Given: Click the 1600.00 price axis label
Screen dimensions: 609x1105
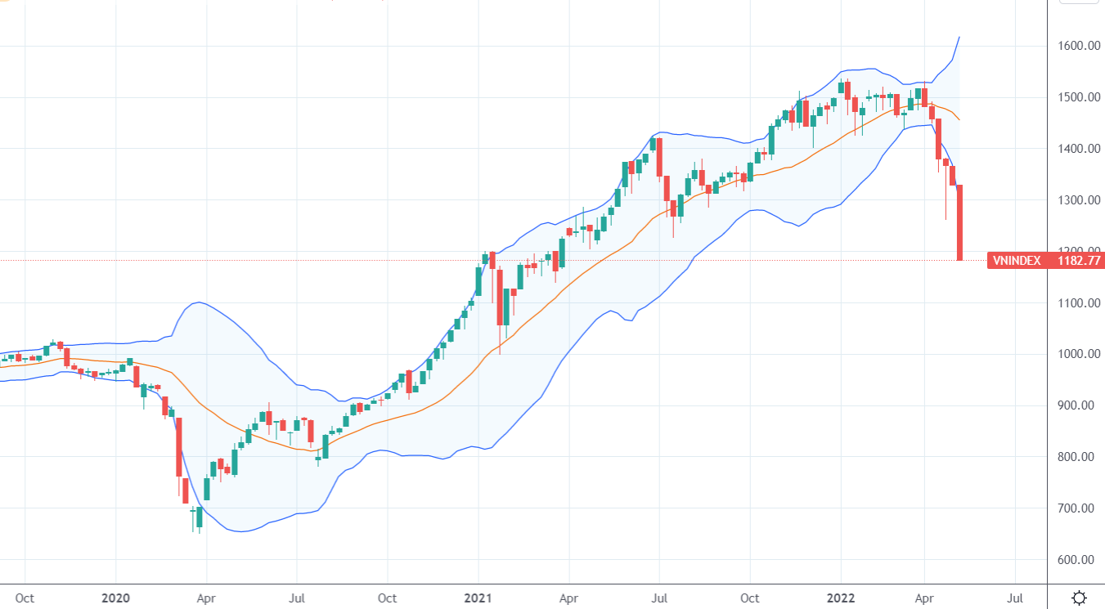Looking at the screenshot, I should pos(1076,46).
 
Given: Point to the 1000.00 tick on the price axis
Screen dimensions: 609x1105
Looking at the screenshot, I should pos(1076,354).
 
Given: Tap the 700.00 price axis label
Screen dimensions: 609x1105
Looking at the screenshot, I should pos(1076,508).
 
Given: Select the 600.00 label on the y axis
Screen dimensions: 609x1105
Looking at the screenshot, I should pos(1076,560).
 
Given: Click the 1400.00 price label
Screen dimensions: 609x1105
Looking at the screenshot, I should pos(1076,149).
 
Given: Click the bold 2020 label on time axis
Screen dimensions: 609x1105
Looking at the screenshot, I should pos(115,598).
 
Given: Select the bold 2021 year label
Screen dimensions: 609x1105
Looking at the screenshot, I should pos(479,598).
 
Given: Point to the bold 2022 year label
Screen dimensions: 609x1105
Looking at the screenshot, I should pos(842,598).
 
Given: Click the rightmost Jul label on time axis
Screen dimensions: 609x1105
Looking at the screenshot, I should pos(1016,598).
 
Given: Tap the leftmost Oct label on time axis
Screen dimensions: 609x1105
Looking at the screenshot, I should pos(25,598).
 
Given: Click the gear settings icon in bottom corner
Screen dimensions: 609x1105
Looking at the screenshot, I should pos(1079,597).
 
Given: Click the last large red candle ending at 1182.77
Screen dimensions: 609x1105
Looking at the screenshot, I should pos(959,222).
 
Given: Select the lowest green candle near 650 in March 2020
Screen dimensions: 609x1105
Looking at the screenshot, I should pos(198,517).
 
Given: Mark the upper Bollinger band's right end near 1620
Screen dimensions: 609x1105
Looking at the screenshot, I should pos(959,37).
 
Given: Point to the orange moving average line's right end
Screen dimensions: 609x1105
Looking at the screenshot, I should pos(959,120).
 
